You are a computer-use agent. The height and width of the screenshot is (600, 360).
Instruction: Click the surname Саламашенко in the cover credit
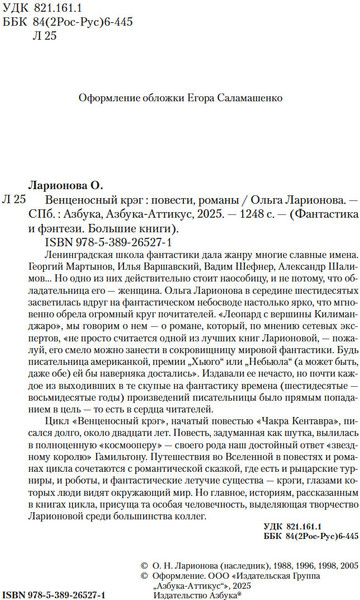coord(246,100)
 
